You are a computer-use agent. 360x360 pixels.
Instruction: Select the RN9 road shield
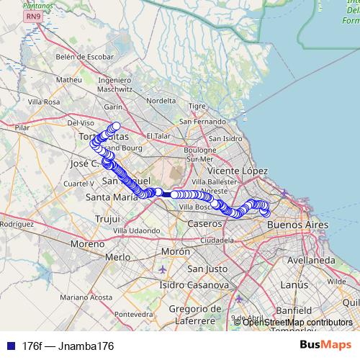point(32,16)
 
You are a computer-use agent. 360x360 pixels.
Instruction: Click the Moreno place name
point(87,245)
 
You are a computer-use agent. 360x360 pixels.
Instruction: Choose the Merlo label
point(117,257)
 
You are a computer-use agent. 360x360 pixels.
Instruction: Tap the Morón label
point(175,251)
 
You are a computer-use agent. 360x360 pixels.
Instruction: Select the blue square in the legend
point(8,346)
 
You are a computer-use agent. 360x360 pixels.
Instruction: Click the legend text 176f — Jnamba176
point(68,346)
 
